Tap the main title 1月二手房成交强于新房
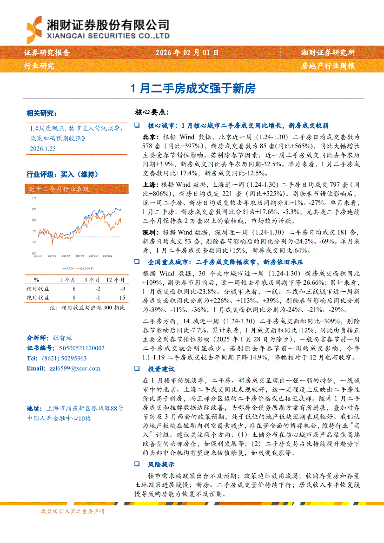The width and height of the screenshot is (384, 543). (x=192, y=88)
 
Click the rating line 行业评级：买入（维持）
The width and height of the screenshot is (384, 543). (x=62, y=175)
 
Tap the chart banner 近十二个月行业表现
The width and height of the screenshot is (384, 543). (x=59, y=189)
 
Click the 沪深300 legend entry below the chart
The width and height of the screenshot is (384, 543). (x=68, y=268)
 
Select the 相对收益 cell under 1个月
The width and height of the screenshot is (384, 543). (x=74, y=288)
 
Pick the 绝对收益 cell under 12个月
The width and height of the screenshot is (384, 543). (x=122, y=297)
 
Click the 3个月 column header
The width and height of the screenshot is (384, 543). (x=92, y=280)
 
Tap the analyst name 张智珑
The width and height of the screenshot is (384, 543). (x=62, y=338)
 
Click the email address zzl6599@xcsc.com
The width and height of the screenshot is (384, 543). (x=74, y=368)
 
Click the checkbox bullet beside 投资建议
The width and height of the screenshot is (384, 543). (x=137, y=369)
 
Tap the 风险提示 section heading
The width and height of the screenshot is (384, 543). (x=161, y=464)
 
